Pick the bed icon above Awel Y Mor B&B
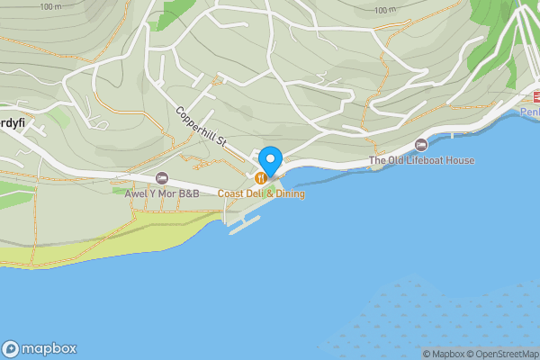coord(162,177)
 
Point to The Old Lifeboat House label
coord(422,160)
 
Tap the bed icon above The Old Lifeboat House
coord(421,145)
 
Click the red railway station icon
coord(535,96)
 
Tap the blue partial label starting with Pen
coord(530,111)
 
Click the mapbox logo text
coord(49,348)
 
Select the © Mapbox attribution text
coord(443,354)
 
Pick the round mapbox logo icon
coord(11,349)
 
